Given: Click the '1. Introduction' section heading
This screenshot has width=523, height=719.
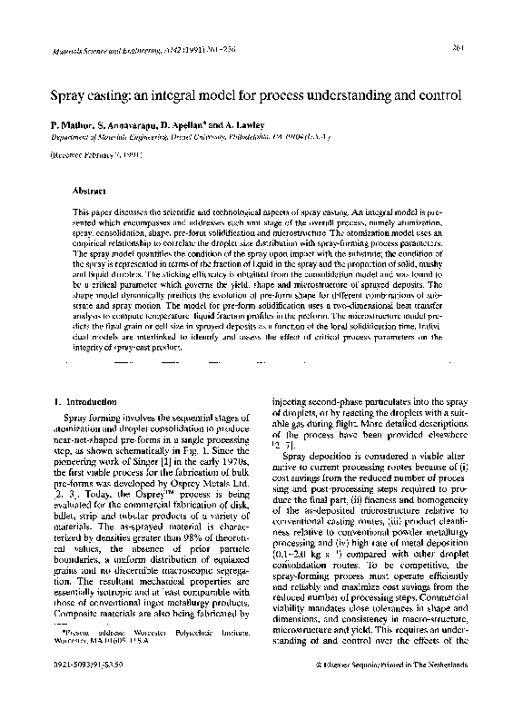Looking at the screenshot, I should [x=83, y=401].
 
